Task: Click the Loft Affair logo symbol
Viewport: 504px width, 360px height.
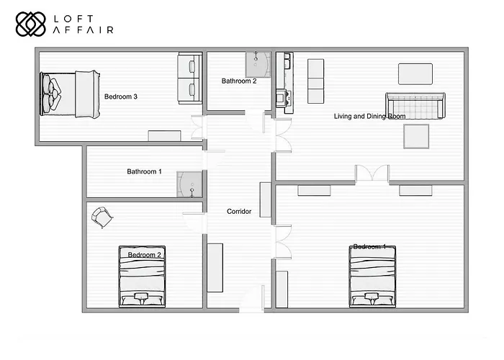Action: coord(30,24)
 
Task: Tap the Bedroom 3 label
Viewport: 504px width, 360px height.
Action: coord(121,96)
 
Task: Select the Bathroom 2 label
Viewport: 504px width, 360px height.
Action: coord(239,81)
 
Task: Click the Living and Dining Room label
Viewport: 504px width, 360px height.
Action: coord(369,116)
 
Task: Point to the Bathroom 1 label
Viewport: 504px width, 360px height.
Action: coord(144,171)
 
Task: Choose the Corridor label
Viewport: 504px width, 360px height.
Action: coord(239,211)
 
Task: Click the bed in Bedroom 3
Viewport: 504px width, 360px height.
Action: coord(71,94)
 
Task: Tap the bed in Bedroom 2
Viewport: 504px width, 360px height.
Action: coord(143,277)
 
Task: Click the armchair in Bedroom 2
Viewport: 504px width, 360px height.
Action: coord(102,216)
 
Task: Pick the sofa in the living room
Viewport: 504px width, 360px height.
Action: coord(415,106)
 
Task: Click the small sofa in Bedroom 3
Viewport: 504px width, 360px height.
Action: coord(190,78)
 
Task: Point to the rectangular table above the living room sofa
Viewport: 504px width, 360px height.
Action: coord(415,73)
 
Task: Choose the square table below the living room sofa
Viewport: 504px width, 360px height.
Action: coord(416,136)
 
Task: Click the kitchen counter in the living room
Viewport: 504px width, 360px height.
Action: coord(284,83)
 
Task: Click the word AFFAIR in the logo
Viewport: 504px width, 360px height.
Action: coord(84,30)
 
